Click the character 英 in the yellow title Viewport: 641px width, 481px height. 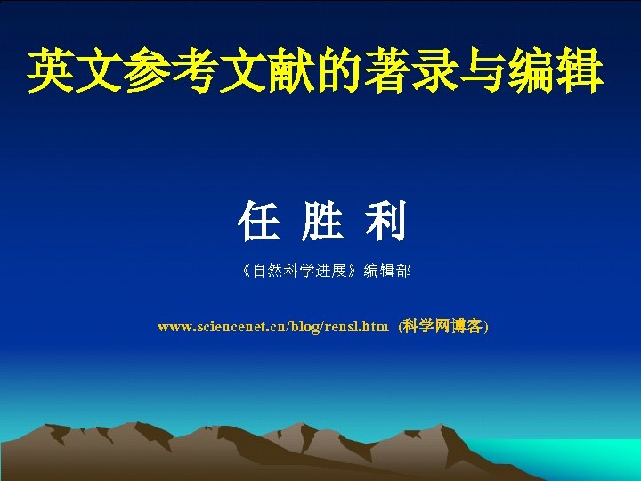52,72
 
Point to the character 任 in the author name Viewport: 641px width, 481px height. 258,222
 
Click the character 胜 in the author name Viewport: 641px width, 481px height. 321,222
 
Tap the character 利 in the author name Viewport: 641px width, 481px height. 385,222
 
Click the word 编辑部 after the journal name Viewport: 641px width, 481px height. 388,270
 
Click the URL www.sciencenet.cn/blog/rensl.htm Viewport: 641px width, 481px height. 272,327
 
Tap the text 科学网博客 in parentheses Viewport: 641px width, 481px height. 442,327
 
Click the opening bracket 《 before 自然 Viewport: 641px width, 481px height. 246,270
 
